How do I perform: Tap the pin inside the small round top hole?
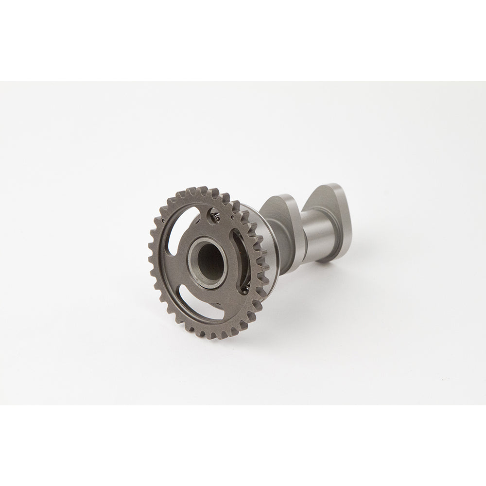tap(216, 219)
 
